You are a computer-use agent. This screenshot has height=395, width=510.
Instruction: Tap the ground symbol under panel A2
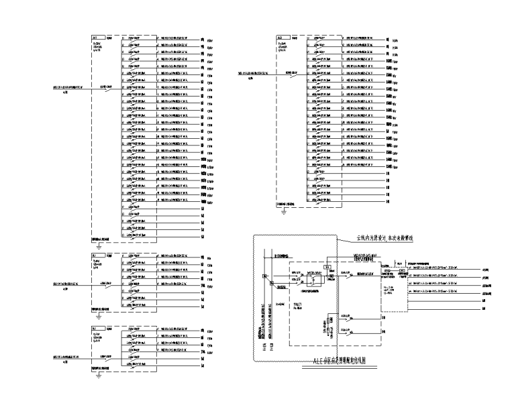284,209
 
